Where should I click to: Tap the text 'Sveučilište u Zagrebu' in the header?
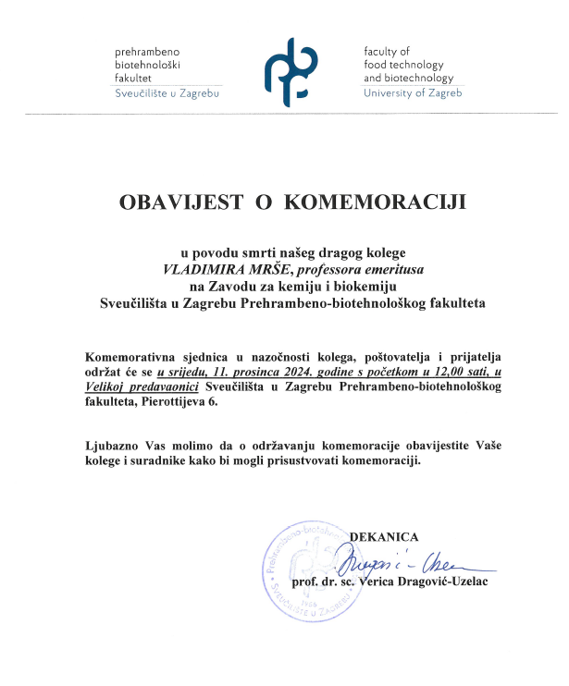pos(167,93)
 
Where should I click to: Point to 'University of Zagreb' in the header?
pos(412,93)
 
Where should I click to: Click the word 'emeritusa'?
pos(391,268)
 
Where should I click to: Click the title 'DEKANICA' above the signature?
pos(384,536)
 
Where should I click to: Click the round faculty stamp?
pos(313,569)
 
